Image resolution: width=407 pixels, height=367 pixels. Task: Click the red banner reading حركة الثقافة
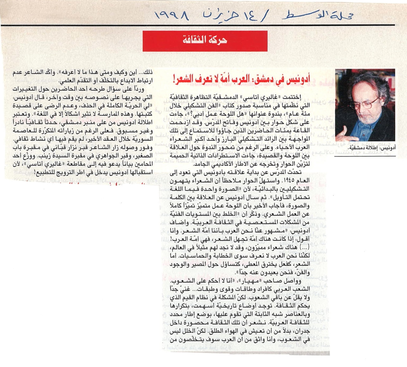tap(205, 41)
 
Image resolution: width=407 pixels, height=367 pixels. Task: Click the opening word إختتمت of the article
tap(301, 97)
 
